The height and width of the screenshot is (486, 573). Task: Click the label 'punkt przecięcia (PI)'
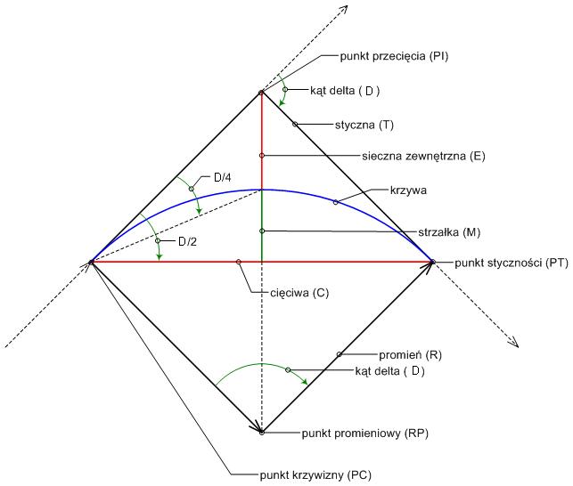click(393, 56)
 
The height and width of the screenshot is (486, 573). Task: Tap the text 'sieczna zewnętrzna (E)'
click(423, 156)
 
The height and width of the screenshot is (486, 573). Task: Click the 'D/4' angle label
click(223, 178)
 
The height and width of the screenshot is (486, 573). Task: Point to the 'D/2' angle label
click(188, 241)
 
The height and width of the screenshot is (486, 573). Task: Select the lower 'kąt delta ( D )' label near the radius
click(389, 370)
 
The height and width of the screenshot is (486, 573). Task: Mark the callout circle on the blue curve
click(336, 203)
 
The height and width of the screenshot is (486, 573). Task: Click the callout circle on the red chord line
click(239, 262)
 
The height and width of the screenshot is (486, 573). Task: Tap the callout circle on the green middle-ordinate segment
click(262, 231)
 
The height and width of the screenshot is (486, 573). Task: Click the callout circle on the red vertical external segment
click(262, 156)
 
